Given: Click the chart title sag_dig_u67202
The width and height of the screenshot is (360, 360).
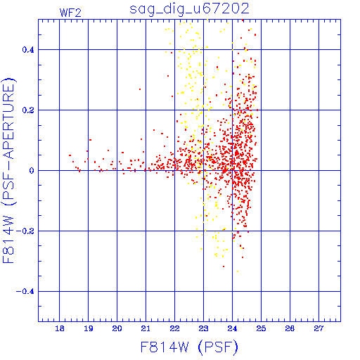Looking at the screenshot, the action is click(x=189, y=9).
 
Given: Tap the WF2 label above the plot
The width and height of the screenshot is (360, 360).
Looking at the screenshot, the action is click(x=70, y=13).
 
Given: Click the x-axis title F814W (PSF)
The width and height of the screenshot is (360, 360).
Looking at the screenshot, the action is click(x=189, y=347).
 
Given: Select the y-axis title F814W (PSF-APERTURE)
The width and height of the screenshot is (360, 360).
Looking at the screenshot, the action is click(x=8, y=170).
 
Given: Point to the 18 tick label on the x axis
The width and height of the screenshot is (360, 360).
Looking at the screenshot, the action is click(x=60, y=328).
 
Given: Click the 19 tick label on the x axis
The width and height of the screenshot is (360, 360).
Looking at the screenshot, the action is click(x=89, y=328).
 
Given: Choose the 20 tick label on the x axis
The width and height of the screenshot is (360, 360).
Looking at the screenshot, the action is click(x=117, y=328).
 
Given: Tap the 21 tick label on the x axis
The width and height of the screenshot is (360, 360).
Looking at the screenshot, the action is click(x=146, y=328).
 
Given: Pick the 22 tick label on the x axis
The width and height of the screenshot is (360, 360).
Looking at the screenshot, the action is click(x=174, y=328).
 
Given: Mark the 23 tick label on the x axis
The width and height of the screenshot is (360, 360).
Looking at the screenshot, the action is click(x=203, y=328).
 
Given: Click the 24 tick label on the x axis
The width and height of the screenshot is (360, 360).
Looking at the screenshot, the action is click(x=232, y=328).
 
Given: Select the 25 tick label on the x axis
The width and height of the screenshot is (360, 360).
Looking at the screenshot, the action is click(x=261, y=328).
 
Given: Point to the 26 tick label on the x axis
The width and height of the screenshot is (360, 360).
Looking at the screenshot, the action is click(x=290, y=328).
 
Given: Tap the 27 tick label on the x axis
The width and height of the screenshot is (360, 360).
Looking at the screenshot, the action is click(x=319, y=328).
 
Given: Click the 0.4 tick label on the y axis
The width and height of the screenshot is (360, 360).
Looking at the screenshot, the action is click(x=28, y=50).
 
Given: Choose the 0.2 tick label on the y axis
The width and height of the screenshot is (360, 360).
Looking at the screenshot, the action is click(x=28, y=110).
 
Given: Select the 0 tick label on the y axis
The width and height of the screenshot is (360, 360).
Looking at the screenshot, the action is click(x=32, y=171).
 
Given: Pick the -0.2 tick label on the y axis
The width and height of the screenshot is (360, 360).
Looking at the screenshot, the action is click(x=25, y=231).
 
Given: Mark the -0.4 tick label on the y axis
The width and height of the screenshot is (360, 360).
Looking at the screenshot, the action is click(x=25, y=292).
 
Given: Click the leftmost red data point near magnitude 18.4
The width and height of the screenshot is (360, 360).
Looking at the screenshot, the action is click(x=70, y=155).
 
